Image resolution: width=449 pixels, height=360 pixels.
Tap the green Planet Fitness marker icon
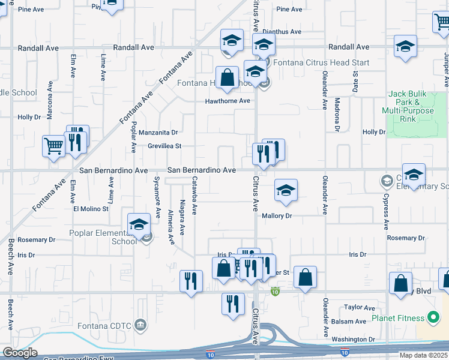pyautogui.click(x=432, y=317)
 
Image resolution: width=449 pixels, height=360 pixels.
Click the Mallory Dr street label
pyautogui.click(x=276, y=215)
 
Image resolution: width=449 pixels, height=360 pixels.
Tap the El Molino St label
pyautogui.click(x=91, y=209)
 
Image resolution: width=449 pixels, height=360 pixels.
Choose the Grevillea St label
pyautogui.click(x=164, y=146)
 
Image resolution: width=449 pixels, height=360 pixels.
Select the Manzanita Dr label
pyautogui.click(x=158, y=132)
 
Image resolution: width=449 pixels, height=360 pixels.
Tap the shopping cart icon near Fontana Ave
pyautogui.click(x=53, y=145)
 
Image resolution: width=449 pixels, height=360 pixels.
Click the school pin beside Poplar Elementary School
pyautogui.click(x=139, y=224)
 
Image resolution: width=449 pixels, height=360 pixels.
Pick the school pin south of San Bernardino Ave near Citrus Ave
pyautogui.click(x=286, y=191)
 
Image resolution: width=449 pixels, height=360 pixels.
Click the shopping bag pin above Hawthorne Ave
pyautogui.click(x=227, y=78)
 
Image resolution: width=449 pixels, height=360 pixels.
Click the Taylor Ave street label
pyautogui.click(x=360, y=307)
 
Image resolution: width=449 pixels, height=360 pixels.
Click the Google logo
pyautogui.click(x=20, y=353)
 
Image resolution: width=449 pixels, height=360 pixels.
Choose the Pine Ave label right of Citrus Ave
pyautogui.click(x=289, y=9)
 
